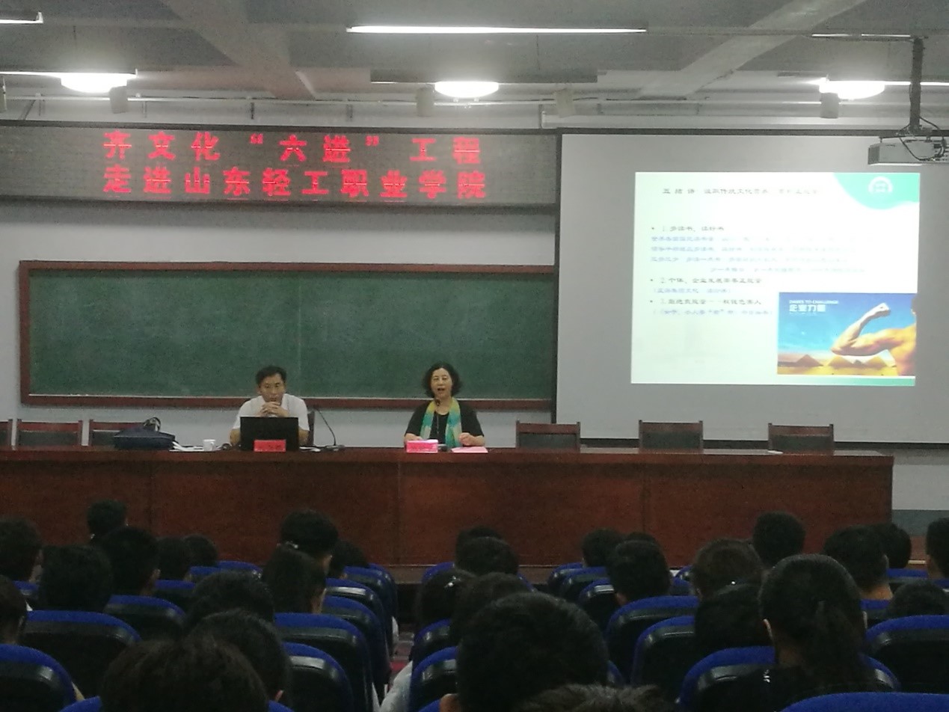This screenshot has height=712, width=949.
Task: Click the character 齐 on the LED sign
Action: (x=117, y=146)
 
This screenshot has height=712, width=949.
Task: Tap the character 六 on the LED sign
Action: (x=292, y=147)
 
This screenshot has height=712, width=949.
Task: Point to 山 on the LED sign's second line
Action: (x=197, y=182)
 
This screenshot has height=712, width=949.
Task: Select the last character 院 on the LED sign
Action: (x=471, y=184)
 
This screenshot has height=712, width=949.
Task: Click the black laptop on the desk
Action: (x=269, y=432)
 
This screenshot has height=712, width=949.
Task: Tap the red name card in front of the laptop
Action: (x=269, y=446)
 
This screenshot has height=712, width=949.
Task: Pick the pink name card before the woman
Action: (x=422, y=446)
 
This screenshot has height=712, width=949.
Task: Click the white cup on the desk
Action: (x=209, y=444)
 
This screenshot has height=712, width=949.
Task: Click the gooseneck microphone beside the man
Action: (x=328, y=429)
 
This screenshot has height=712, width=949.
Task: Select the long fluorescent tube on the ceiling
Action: (x=496, y=30)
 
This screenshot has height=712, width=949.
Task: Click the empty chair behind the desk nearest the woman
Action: (x=547, y=436)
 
